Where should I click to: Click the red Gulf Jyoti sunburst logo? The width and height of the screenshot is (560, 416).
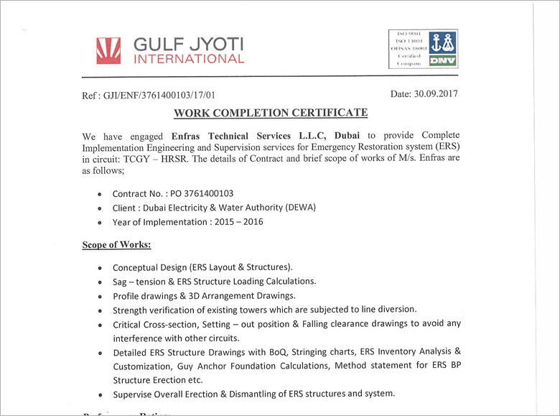click(110, 49)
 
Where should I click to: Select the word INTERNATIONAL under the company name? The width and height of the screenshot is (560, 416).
click(189, 59)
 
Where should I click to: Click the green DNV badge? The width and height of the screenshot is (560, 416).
click(443, 61)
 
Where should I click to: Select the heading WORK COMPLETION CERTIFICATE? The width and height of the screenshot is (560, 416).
click(271, 114)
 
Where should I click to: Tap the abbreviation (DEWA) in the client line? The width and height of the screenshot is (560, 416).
click(301, 208)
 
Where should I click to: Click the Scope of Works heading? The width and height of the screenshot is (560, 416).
click(116, 244)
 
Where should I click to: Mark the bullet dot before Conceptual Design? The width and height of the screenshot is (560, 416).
click(98, 268)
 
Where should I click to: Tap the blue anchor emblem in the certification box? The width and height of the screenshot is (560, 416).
click(443, 42)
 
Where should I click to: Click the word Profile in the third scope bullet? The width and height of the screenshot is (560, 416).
click(126, 295)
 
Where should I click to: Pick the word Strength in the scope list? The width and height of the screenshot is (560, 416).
click(131, 310)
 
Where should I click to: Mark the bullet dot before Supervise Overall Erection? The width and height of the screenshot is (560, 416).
click(98, 394)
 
